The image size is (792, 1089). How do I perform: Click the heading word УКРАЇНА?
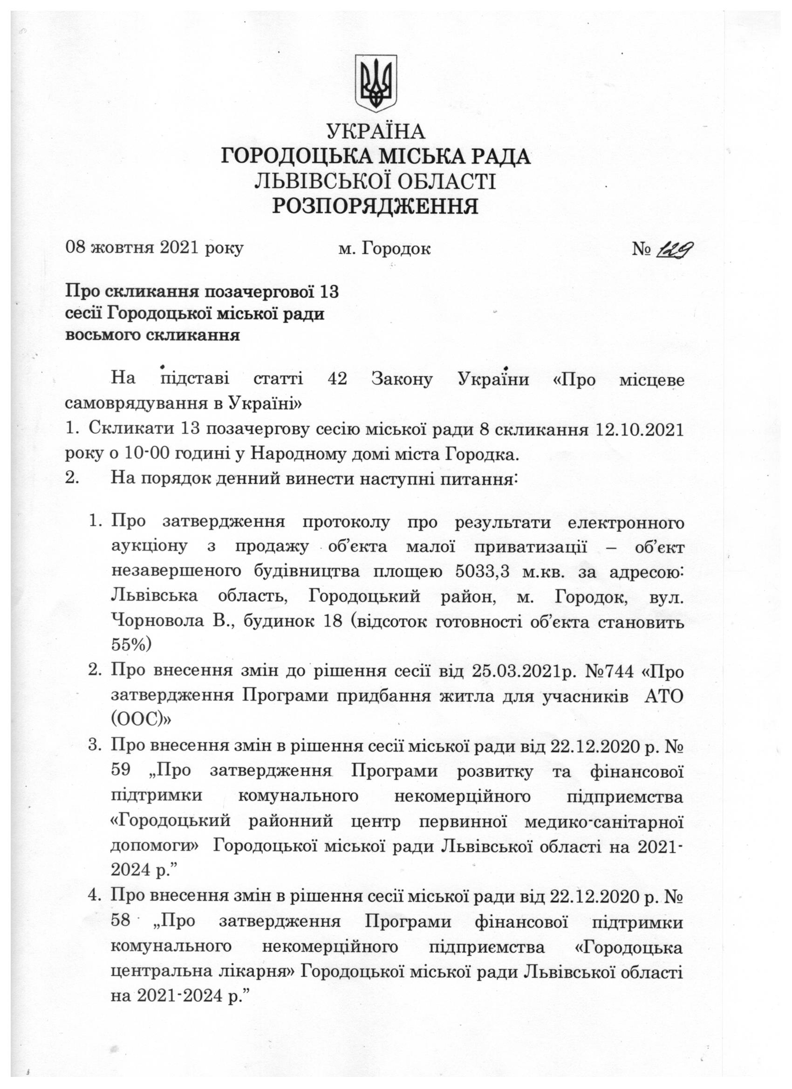(x=376, y=131)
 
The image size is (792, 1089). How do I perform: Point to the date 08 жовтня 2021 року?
(x=154, y=248)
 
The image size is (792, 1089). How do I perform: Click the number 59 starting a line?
(x=121, y=771)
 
